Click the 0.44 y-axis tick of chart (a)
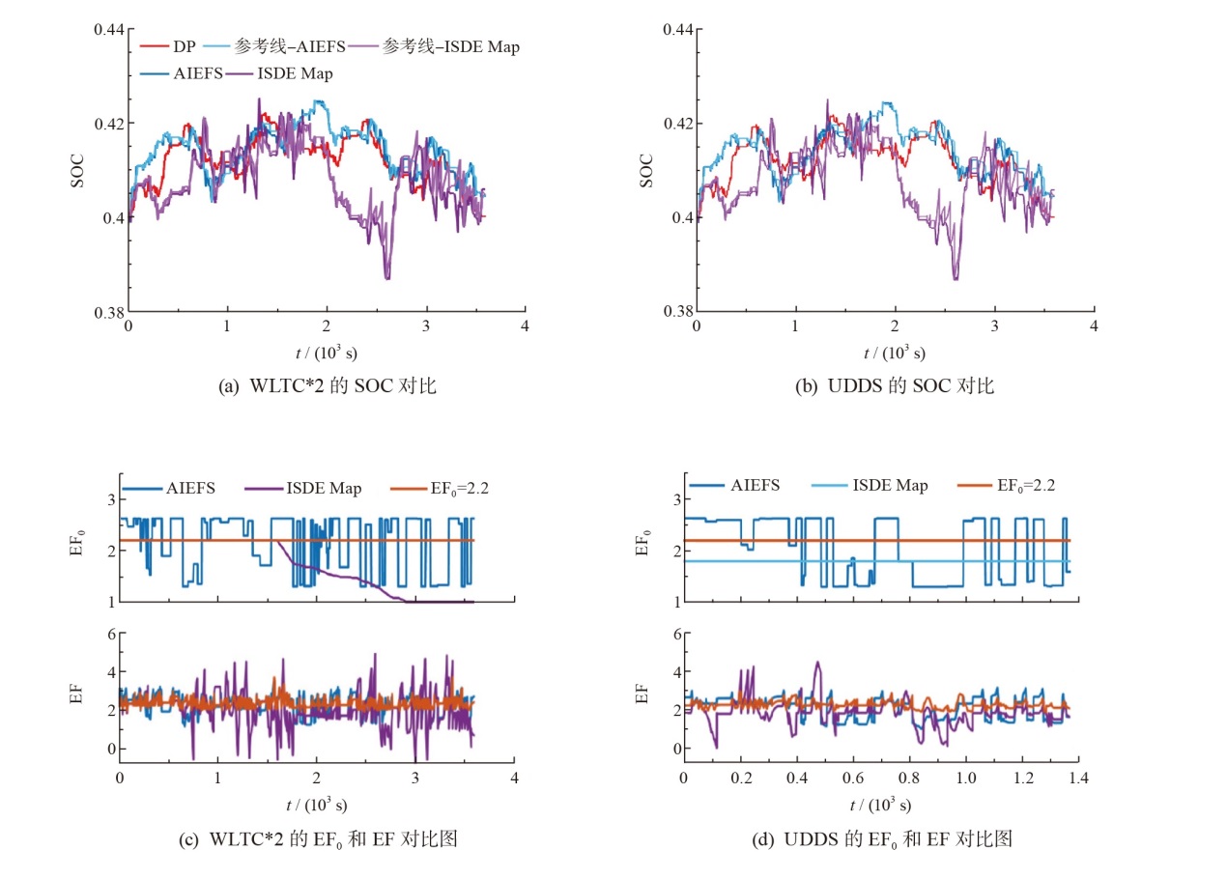coord(108,29)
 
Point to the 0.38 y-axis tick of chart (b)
coord(676,312)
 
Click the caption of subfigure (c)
coord(318,839)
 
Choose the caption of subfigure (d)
coord(881,839)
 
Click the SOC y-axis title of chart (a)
coord(78,170)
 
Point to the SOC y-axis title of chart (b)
coord(646,170)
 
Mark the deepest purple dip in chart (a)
coord(387,278)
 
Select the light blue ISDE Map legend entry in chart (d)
coord(887,486)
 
